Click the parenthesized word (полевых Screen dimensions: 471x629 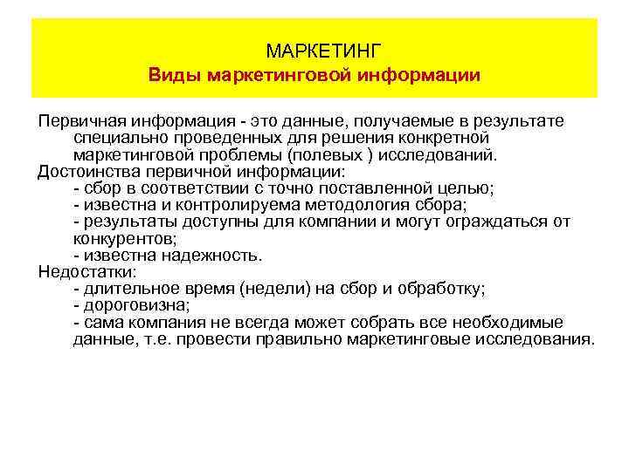(333, 154)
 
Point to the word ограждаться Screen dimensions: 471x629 (500, 222)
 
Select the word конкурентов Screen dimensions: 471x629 (123, 238)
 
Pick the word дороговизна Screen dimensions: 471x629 (135, 305)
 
